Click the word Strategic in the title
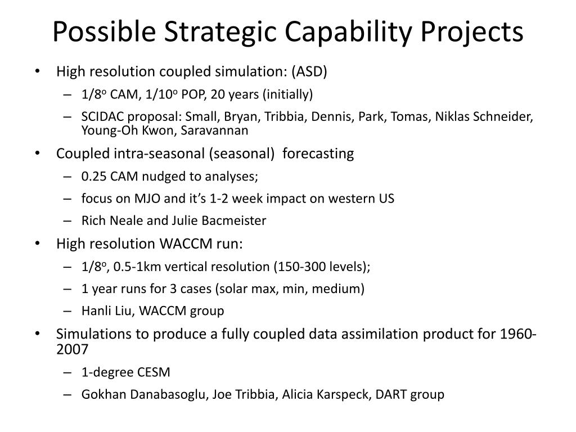pyautogui.click(x=220, y=32)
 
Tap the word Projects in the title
pyautogui.click(x=472, y=32)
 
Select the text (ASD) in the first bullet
pyautogui.click(x=309, y=71)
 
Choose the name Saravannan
pyautogui.click(x=214, y=130)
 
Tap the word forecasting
pyautogui.click(x=318, y=154)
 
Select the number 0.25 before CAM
pyautogui.click(x=94, y=176)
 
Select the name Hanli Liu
pyautogui.click(x=109, y=310)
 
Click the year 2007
pyautogui.click(x=73, y=349)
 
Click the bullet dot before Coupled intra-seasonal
pyautogui.click(x=37, y=153)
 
